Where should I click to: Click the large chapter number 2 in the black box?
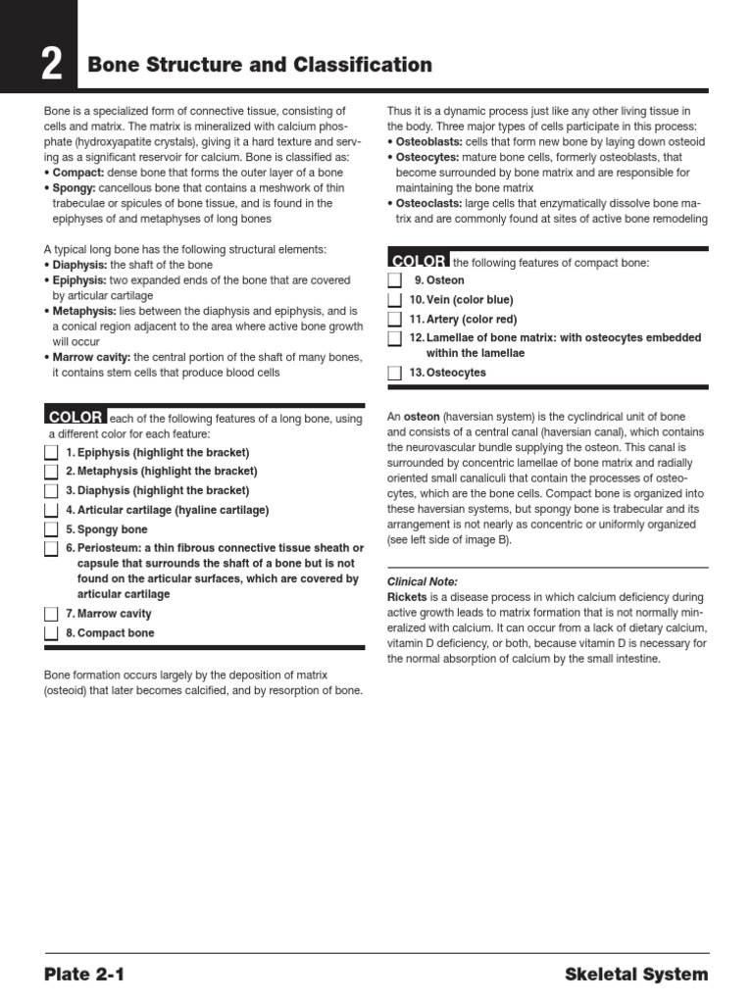[51, 66]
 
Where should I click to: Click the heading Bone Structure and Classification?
[260, 66]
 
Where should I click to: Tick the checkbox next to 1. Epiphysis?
[51, 452]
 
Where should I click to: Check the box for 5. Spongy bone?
[51, 529]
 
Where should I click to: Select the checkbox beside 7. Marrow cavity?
[51, 614]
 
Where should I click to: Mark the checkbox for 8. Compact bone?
[51, 633]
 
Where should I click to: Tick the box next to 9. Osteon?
[394, 280]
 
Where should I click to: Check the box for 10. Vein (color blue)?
[394, 300]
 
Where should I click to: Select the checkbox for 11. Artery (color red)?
[394, 320]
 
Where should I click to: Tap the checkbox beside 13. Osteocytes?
[394, 374]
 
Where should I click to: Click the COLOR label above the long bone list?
[75, 417]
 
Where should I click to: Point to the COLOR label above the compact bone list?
[419, 261]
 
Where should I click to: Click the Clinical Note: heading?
[423, 581]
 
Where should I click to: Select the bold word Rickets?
[408, 596]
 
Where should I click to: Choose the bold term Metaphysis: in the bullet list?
[81, 310]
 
